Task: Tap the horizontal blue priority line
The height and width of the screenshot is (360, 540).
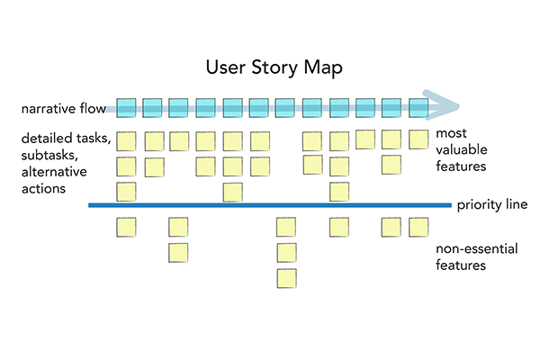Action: [270, 206]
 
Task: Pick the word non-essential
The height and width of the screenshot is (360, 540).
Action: [475, 249]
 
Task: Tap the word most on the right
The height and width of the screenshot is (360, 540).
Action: [450, 133]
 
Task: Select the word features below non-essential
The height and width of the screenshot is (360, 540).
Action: [461, 265]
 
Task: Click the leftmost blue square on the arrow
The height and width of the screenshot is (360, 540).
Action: [126, 107]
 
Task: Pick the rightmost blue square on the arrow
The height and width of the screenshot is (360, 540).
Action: [418, 107]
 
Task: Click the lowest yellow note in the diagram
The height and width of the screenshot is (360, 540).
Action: [286, 278]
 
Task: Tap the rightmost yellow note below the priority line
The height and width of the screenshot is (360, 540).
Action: [418, 226]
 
